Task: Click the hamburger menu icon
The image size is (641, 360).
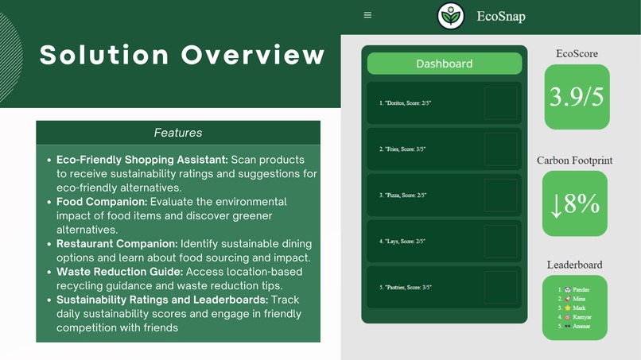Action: click(x=367, y=15)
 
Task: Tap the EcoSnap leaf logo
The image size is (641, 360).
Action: click(x=451, y=16)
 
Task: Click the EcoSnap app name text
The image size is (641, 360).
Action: click(x=501, y=16)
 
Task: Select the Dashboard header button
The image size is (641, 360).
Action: click(x=444, y=64)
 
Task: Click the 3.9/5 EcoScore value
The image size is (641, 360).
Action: click(x=577, y=97)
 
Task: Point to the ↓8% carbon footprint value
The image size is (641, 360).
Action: click(x=574, y=204)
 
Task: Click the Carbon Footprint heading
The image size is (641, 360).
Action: click(x=574, y=161)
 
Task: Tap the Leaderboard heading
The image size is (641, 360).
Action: click(x=574, y=265)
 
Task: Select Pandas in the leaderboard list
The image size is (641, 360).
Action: click(x=581, y=290)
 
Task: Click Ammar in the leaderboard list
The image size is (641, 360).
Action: click(x=582, y=326)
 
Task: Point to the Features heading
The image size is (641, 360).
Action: click(x=178, y=133)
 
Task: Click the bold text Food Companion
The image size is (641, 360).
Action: click(x=100, y=202)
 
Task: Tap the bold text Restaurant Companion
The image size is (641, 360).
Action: click(x=117, y=243)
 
